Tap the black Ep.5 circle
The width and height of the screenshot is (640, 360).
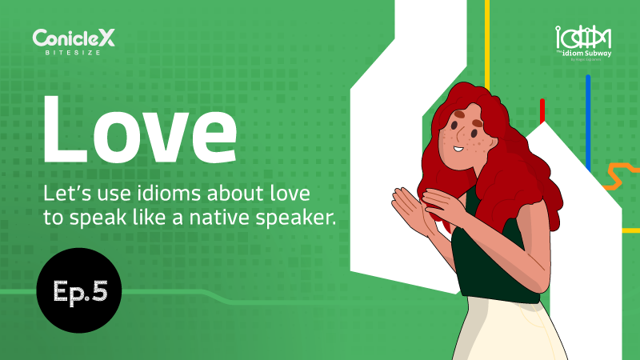tap(78, 290)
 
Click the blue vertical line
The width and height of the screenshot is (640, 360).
tap(588, 120)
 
